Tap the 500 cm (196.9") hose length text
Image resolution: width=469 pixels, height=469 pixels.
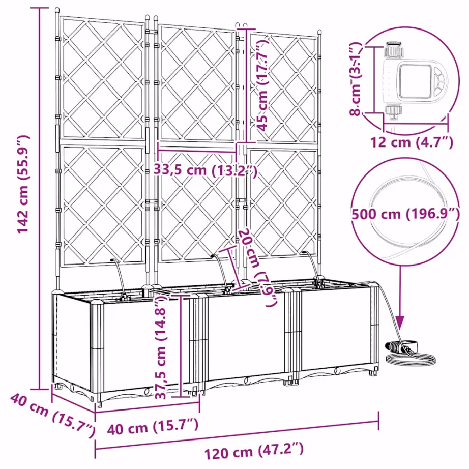tap(405, 214)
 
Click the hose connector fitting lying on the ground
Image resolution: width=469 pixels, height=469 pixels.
tap(398, 348)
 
